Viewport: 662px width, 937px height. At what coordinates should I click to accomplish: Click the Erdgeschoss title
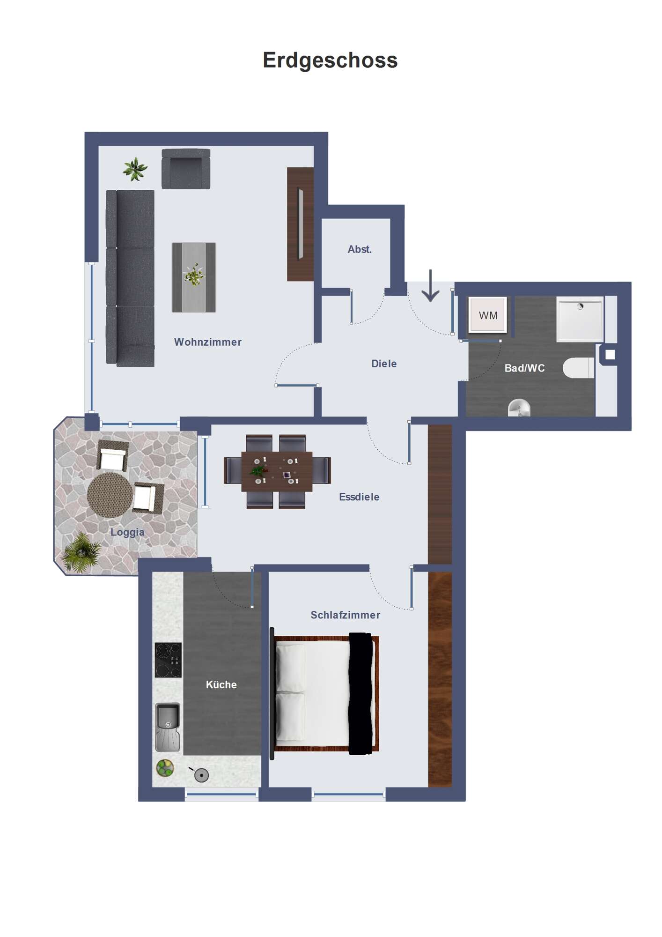click(330, 61)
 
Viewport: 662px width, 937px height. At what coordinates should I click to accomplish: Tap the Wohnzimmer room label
click(208, 342)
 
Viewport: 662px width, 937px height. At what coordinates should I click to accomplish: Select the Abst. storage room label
click(360, 249)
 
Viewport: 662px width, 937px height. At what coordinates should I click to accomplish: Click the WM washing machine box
click(487, 315)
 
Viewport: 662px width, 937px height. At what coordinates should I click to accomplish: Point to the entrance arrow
click(430, 285)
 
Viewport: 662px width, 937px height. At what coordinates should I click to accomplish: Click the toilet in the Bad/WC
click(579, 368)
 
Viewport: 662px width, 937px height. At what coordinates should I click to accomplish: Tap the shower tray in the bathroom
click(580, 319)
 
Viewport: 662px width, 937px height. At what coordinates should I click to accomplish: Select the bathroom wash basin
click(519, 408)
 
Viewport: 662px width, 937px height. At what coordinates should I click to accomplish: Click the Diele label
click(384, 364)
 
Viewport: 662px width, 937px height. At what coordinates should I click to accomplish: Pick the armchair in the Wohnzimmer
click(186, 169)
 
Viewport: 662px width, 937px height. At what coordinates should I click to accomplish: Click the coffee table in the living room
click(194, 277)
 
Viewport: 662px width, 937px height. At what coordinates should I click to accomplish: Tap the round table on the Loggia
click(110, 495)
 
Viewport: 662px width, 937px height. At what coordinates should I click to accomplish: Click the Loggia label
click(127, 532)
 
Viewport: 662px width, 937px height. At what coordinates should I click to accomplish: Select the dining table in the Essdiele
click(277, 471)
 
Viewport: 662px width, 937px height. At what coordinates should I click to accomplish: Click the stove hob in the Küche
click(168, 660)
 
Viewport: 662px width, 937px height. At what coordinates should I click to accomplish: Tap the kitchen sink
click(168, 727)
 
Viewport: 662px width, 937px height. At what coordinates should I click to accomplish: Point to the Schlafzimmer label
click(346, 615)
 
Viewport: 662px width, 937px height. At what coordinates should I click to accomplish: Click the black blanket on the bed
click(361, 693)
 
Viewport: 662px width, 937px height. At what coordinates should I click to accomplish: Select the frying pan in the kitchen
click(200, 775)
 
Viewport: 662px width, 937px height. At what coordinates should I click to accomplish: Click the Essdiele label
click(359, 497)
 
